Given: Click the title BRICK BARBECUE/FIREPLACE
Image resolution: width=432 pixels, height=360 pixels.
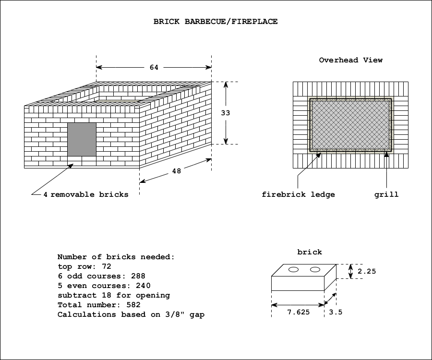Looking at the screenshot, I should pos(216,22).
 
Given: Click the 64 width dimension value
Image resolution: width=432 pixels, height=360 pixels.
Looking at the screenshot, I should pos(154,68).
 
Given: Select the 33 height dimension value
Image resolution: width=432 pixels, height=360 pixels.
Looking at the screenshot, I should pos(226,113).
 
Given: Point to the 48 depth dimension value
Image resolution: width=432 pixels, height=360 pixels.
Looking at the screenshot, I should pos(177,171).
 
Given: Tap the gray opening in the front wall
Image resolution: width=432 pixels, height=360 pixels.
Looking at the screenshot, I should pos(82,139).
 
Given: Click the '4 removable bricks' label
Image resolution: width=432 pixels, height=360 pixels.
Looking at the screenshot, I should pos(86,194).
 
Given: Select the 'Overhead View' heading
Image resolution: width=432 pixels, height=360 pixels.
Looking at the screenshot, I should pos(351,60).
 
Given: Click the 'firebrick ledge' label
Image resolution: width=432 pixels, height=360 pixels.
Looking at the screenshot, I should pos(298,194).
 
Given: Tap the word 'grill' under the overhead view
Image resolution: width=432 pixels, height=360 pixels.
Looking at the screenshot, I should pos(386,194).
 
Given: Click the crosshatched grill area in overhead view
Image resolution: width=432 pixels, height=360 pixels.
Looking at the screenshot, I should pos(350,125).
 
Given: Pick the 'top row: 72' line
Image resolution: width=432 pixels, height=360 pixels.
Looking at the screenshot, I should pos(84,266).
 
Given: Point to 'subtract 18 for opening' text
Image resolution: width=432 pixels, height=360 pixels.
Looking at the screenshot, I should pos(114,295).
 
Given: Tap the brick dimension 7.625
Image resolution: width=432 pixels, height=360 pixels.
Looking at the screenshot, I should pos(298,312).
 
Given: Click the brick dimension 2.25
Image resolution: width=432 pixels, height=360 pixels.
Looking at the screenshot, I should pos(367,271).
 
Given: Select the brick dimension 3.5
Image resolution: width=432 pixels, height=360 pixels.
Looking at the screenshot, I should pos(336,312).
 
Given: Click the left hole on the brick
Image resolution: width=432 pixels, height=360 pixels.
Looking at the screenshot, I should pos(294,270).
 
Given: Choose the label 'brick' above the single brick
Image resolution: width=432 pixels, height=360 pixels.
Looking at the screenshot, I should pos(310,252).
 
